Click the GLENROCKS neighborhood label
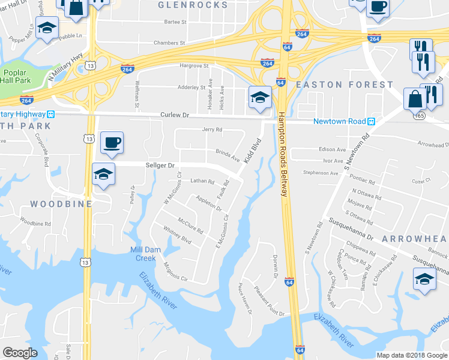point(192,5)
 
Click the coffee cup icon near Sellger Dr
point(112,143)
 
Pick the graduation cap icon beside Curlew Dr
point(259,97)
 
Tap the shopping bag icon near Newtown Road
point(415,99)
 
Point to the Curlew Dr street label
point(174,115)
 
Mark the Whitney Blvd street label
point(177,235)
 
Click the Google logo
point(20,353)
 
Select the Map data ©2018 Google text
point(411,355)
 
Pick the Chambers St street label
point(169,43)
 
